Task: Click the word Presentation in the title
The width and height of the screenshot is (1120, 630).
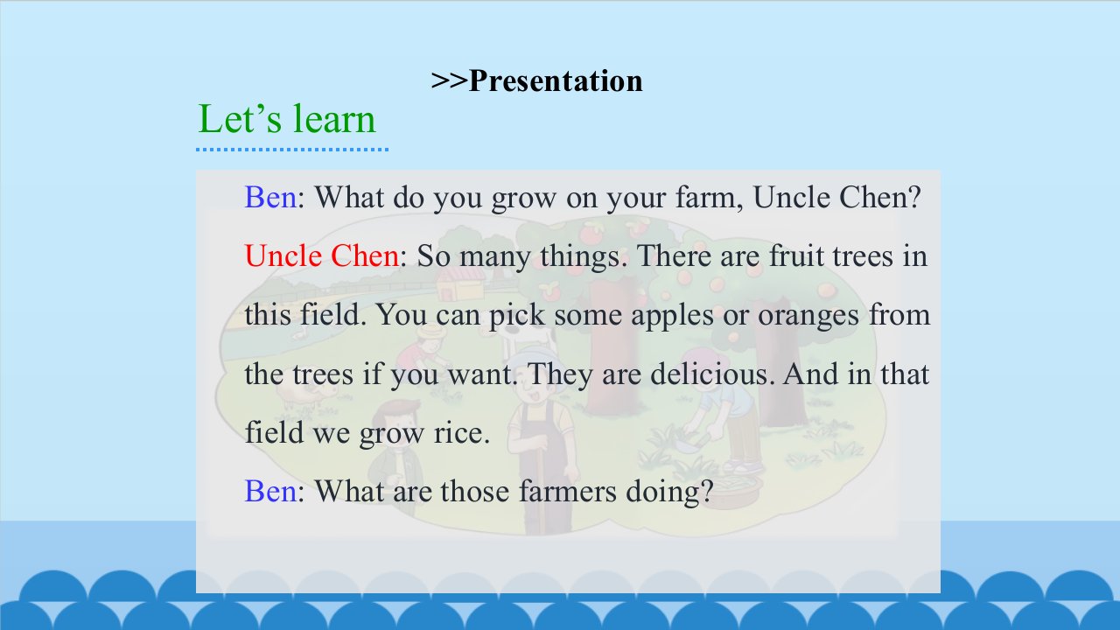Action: (556, 81)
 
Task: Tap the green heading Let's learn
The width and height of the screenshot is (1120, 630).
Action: (286, 119)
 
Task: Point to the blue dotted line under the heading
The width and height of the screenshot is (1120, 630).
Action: (292, 149)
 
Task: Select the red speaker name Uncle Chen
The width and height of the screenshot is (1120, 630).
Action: (322, 255)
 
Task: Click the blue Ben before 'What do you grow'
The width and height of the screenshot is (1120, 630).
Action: (270, 197)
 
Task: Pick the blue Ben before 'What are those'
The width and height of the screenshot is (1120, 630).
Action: (270, 491)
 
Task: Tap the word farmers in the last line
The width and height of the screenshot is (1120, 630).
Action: (568, 491)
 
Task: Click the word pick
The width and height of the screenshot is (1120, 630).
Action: (516, 315)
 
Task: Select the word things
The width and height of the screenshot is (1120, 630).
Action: (584, 257)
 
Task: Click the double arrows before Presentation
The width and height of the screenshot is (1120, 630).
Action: (450, 81)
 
